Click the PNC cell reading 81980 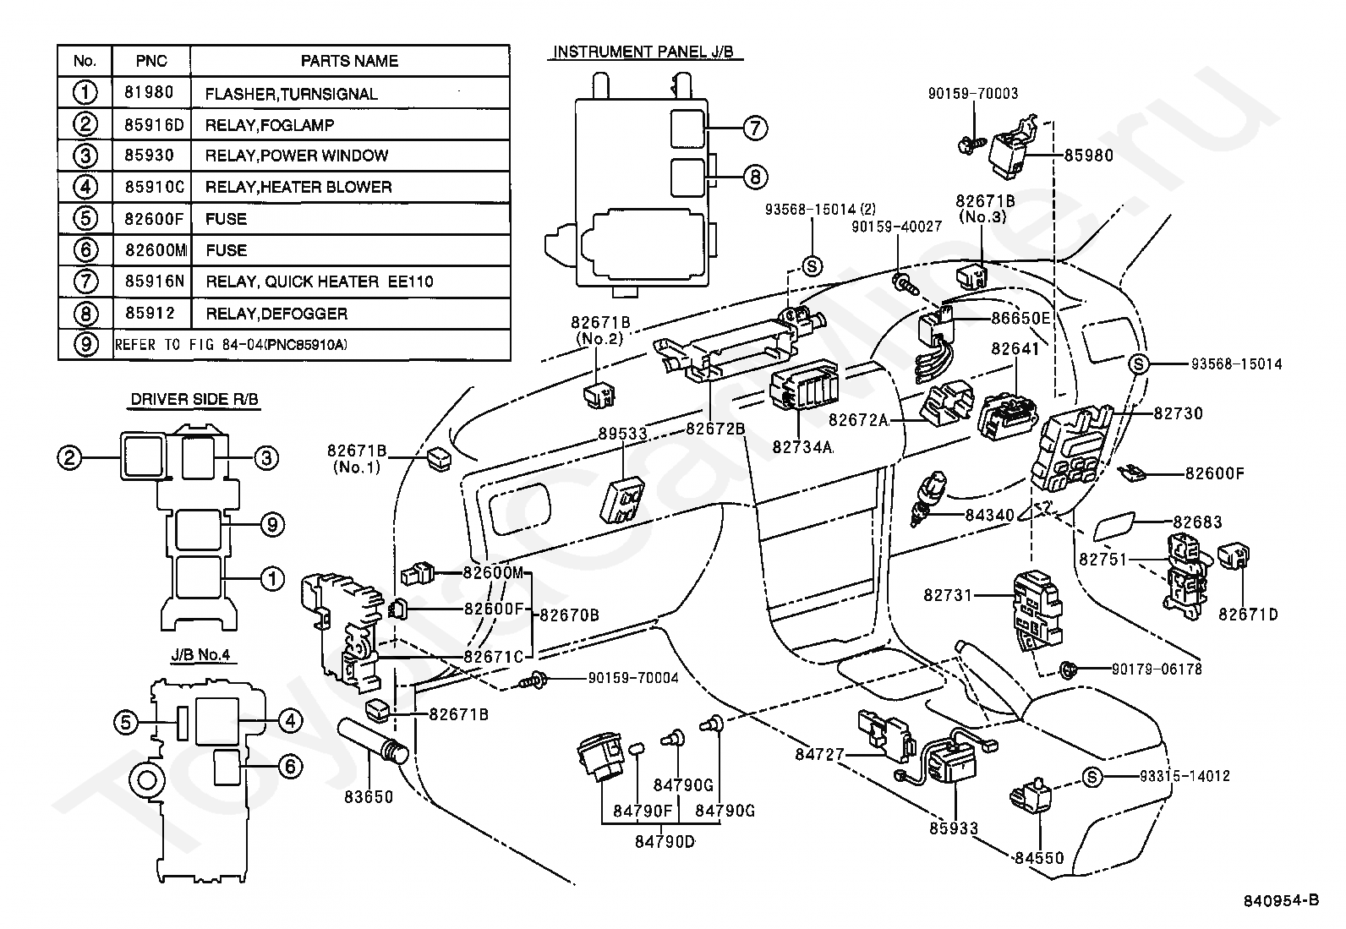tap(149, 92)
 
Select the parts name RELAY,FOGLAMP tap(269, 125)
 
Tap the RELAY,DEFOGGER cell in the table tap(276, 314)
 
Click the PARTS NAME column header tap(349, 61)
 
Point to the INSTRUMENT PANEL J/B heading tap(643, 52)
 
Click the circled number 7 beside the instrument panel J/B tap(755, 128)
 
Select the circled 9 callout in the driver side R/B tap(272, 525)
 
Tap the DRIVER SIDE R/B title tap(194, 399)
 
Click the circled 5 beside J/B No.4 tap(126, 722)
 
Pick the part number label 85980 tap(1089, 156)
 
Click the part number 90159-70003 tap(973, 93)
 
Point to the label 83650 tap(369, 797)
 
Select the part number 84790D tap(665, 842)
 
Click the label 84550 tap(1040, 858)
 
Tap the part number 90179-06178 tap(1157, 669)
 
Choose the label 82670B tap(569, 615)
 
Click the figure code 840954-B tap(1281, 901)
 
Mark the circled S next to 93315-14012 tap(1092, 777)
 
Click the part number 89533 tap(622, 434)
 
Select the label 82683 tap(1197, 522)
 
